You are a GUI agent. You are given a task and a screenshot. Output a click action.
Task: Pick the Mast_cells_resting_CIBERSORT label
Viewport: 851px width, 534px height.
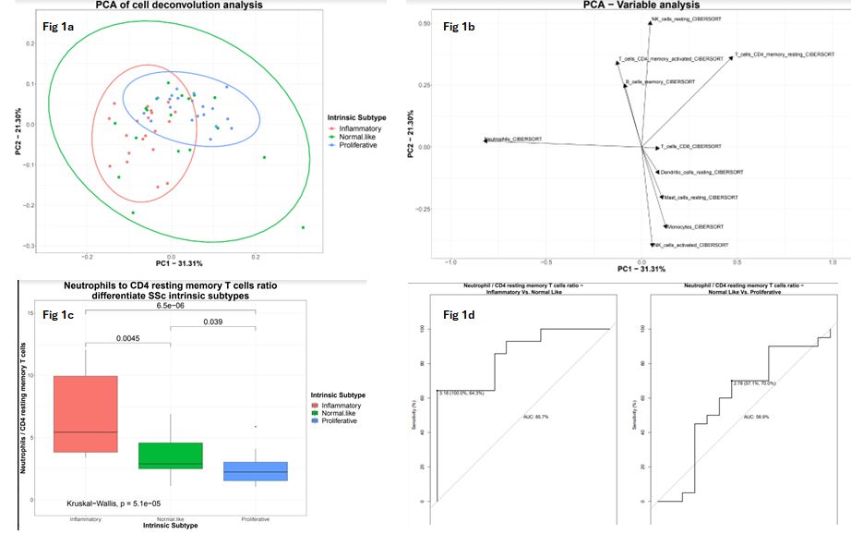point(701,197)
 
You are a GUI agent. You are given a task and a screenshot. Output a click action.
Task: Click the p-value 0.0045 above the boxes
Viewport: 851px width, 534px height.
point(128,338)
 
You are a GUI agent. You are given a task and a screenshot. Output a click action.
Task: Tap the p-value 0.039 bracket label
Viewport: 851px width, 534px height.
point(213,322)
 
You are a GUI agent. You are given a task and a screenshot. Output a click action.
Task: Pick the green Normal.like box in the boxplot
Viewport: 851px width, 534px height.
point(170,455)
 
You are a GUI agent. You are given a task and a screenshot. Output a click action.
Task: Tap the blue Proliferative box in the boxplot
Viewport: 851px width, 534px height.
point(255,470)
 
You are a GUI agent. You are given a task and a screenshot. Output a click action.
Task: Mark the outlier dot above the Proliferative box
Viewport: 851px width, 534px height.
point(256,426)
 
